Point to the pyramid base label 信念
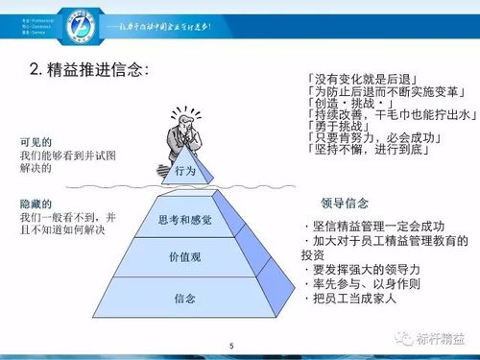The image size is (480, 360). point(185,299)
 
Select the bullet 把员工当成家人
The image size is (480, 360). point(361,300)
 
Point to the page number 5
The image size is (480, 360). point(231,346)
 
